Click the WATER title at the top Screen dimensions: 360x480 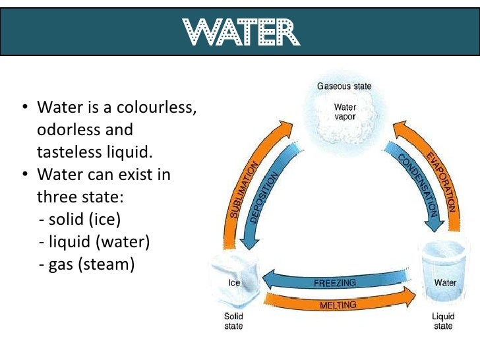coord(239,30)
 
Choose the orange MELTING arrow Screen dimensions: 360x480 coord(338,305)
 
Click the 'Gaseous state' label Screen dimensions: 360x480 coord(344,86)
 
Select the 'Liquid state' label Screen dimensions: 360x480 coord(443,321)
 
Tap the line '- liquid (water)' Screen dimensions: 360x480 coord(95,242)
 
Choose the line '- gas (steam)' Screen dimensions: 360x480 coord(86,264)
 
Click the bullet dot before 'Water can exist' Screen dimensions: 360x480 coord(25,176)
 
